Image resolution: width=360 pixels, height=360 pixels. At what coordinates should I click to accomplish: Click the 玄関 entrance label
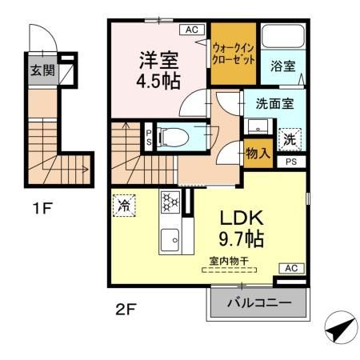coord(42,70)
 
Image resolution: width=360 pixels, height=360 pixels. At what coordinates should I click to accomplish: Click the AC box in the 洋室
coord(191,30)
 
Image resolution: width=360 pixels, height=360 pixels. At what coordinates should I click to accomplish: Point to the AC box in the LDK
coord(291,268)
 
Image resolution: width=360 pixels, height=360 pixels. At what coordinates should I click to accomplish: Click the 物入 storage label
coord(257,153)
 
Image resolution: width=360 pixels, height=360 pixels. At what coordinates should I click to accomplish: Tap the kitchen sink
coord(170,238)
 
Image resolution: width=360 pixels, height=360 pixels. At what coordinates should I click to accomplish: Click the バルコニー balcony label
coord(258,303)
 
